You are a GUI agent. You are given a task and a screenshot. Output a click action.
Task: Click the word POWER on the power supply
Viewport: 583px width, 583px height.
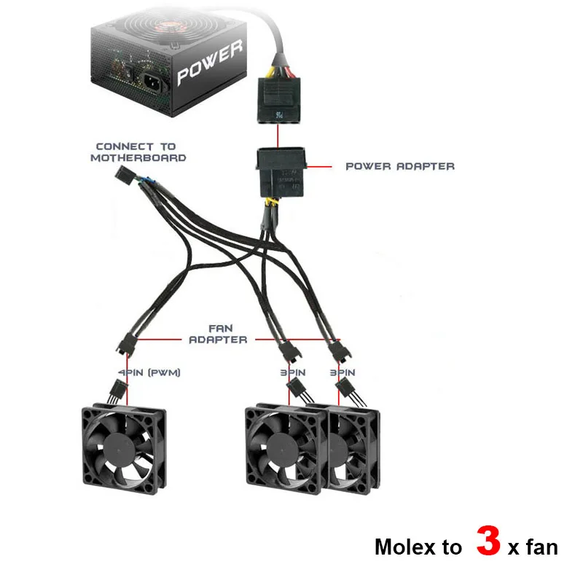(x=208, y=63)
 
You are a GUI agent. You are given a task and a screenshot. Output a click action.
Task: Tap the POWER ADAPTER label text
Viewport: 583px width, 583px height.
(x=399, y=166)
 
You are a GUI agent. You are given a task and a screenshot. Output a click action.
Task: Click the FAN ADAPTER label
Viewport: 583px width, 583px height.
(x=218, y=334)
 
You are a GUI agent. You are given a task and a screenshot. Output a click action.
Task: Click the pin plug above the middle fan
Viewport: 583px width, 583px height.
(x=299, y=394)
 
